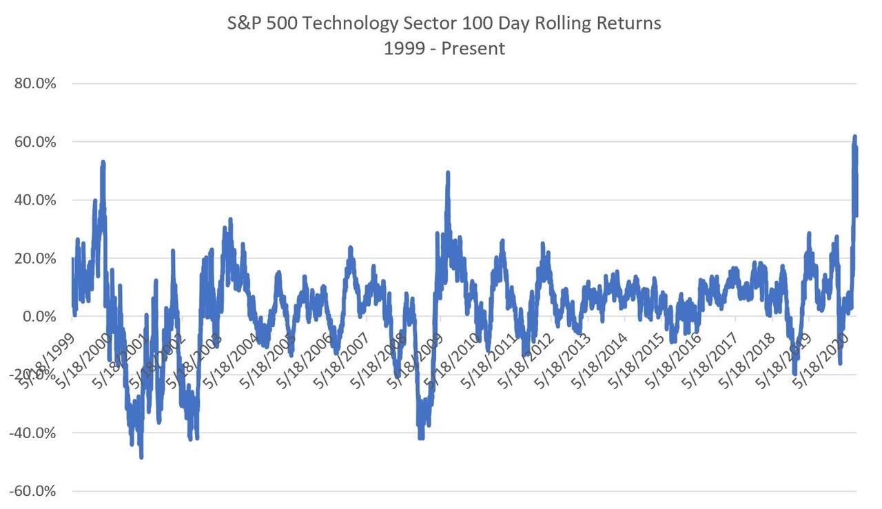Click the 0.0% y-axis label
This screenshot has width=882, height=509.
[x=38, y=317]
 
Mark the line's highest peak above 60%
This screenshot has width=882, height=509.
[x=854, y=137]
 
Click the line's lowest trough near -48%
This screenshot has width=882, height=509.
[x=141, y=457]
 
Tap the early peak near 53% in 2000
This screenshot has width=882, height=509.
[x=103, y=163]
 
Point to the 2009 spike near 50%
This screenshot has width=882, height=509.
[x=448, y=173]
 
